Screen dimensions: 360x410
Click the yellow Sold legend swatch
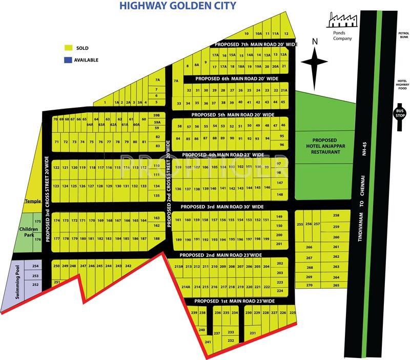pos(69,48)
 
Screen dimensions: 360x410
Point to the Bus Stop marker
pos(399,112)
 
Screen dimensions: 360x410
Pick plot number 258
pos(336,215)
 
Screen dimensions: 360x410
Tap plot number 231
pos(252,333)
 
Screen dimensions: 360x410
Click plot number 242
pos(129,266)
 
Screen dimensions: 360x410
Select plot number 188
pos(157,238)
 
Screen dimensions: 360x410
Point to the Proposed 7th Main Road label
pos(255,45)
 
